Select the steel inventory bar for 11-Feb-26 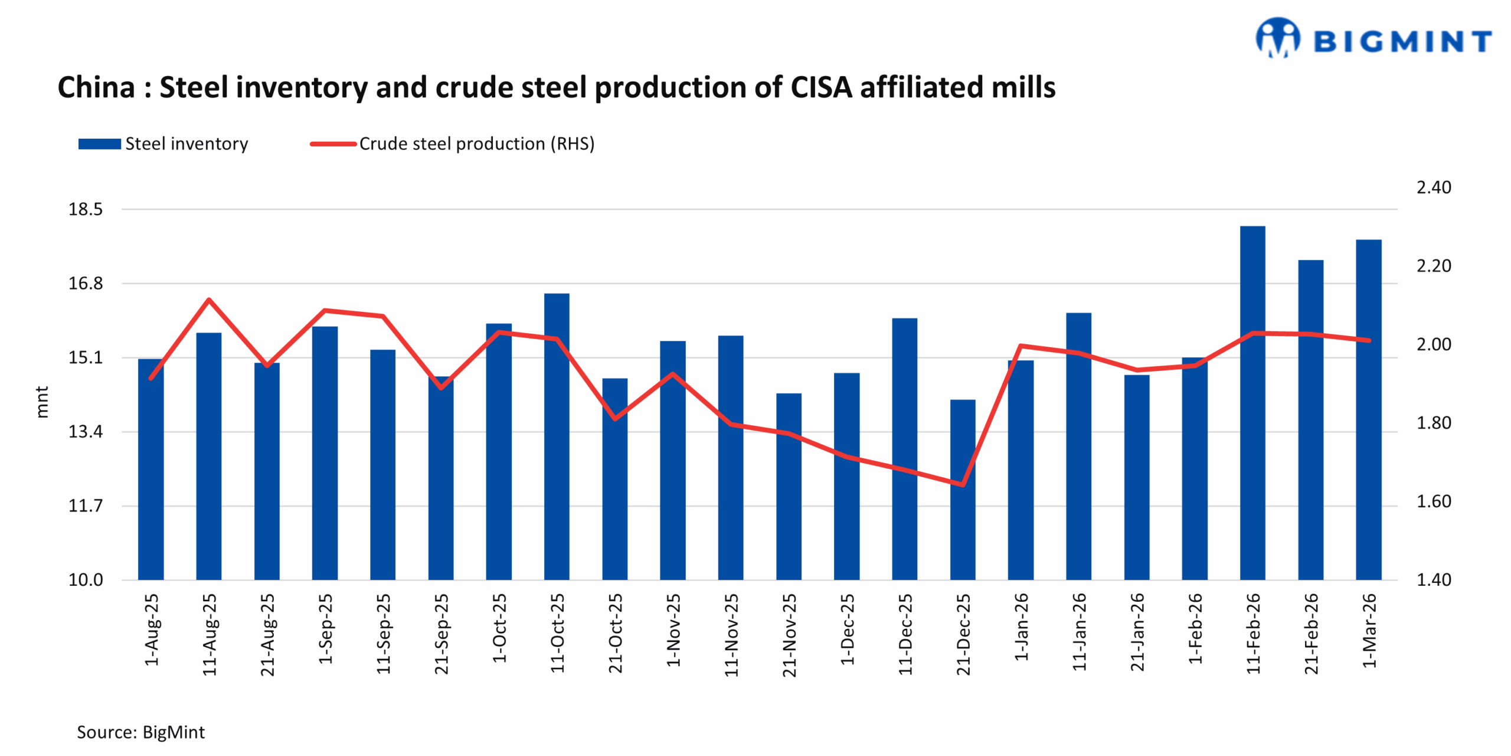pyautogui.click(x=1252, y=402)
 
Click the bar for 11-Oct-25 pyautogui.click(x=557, y=437)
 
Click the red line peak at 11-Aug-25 pyautogui.click(x=209, y=300)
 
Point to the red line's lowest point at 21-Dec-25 pyautogui.click(x=963, y=484)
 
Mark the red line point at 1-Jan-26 pyautogui.click(x=1021, y=346)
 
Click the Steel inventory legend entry pyautogui.click(x=163, y=144)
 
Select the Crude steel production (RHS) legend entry pyautogui.click(x=453, y=144)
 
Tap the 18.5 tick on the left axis pyautogui.click(x=86, y=209)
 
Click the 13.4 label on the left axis pyautogui.click(x=86, y=432)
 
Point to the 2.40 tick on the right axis pyautogui.click(x=1433, y=188)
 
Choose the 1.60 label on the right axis pyautogui.click(x=1433, y=501)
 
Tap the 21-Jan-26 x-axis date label pyautogui.click(x=1137, y=632)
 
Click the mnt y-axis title pyautogui.click(x=42, y=402)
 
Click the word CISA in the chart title pyautogui.click(x=821, y=87)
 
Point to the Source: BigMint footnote pyautogui.click(x=140, y=732)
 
